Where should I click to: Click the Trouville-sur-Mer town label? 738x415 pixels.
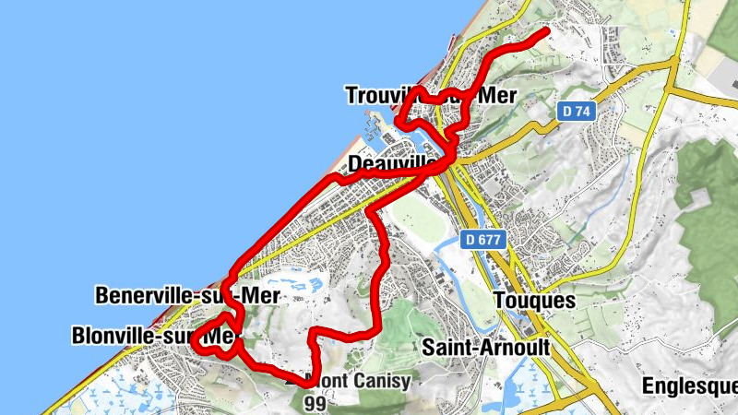coord(428,95)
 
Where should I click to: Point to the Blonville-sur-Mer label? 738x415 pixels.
coord(153,337)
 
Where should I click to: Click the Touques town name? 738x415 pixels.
coord(534,301)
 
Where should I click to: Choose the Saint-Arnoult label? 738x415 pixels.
coord(485,348)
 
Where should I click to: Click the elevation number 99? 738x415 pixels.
coord(315,402)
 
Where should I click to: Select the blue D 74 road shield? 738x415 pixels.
coord(575,111)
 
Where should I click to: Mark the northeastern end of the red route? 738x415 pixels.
coord(548,31)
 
